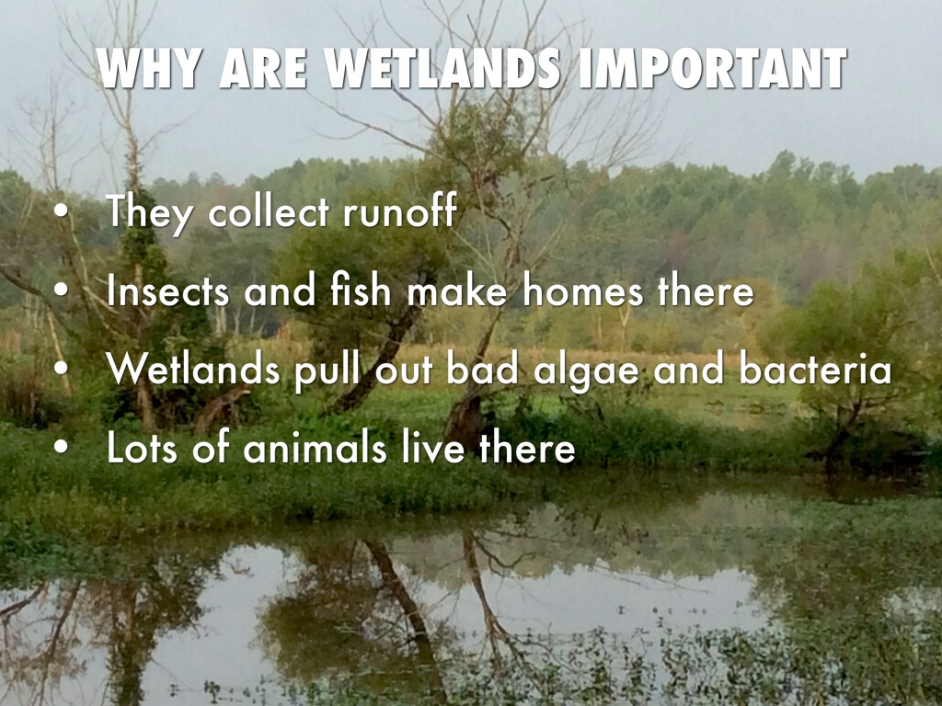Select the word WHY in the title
151,69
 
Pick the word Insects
169,292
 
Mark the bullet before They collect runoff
60,213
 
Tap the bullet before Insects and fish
60,293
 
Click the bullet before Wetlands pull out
60,371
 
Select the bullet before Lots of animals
60,450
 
